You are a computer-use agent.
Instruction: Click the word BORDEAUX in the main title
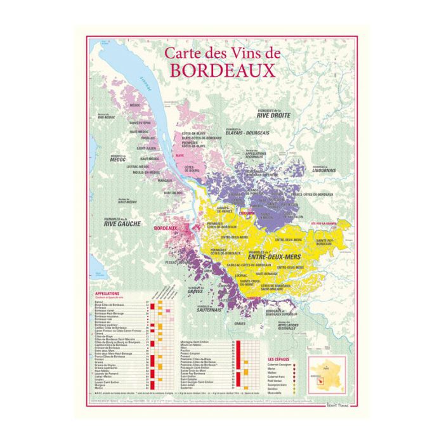tap(222, 70)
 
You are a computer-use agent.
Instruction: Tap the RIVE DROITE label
tap(273, 115)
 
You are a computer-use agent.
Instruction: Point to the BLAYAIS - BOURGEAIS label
tap(248, 133)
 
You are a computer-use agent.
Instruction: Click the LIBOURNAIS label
tap(329, 170)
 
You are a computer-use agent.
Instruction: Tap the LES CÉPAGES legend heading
tap(279, 359)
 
